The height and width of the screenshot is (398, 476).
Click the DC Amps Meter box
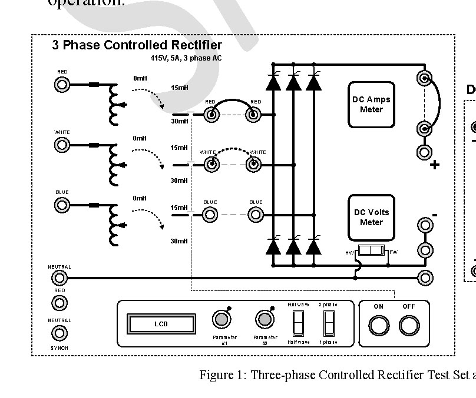click(371, 105)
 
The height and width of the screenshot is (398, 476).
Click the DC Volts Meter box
click(371, 218)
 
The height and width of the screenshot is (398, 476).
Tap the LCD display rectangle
click(161, 324)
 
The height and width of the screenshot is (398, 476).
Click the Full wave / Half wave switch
click(298, 323)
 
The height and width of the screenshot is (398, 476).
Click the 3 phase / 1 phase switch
click(328, 323)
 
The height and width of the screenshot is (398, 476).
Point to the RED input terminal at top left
click(62, 85)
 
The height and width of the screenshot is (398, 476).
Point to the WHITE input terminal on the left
click(62, 145)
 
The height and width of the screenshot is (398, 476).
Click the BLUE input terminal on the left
click(62, 205)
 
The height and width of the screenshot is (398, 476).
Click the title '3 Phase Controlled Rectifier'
click(137, 45)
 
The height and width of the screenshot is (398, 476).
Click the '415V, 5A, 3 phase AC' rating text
click(186, 59)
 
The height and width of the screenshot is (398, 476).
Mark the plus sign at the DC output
click(435, 165)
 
